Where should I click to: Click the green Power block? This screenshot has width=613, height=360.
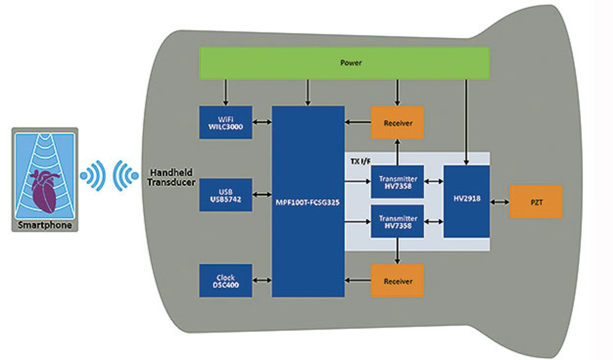point(344,62)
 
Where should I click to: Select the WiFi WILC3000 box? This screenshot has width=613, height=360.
point(226,123)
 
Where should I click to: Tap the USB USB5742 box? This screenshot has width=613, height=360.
point(226,195)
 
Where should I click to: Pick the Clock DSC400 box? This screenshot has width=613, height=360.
point(226,281)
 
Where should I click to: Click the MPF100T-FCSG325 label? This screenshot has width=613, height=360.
point(308,202)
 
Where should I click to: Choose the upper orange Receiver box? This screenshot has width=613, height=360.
point(397,123)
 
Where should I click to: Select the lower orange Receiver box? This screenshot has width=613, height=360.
point(397,281)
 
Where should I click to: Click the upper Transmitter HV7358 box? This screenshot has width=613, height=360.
point(397,181)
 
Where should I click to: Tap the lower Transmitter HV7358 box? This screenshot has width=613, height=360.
point(397,222)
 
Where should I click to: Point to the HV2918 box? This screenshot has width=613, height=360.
point(466,202)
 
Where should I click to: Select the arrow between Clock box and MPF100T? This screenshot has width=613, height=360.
point(262,281)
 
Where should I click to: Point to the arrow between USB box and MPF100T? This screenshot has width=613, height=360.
point(262,195)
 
